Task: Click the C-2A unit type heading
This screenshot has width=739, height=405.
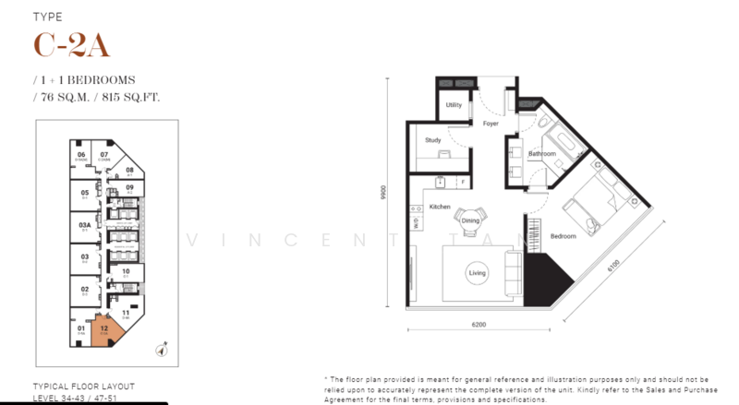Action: click(x=66, y=46)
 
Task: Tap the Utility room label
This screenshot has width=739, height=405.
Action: click(x=453, y=106)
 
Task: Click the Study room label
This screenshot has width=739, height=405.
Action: click(x=432, y=141)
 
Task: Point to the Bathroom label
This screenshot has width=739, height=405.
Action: click(x=542, y=153)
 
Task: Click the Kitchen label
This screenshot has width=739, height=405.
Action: click(x=439, y=208)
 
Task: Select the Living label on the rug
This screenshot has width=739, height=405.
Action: click(x=477, y=273)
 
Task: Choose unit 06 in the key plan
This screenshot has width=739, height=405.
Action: click(x=81, y=156)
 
